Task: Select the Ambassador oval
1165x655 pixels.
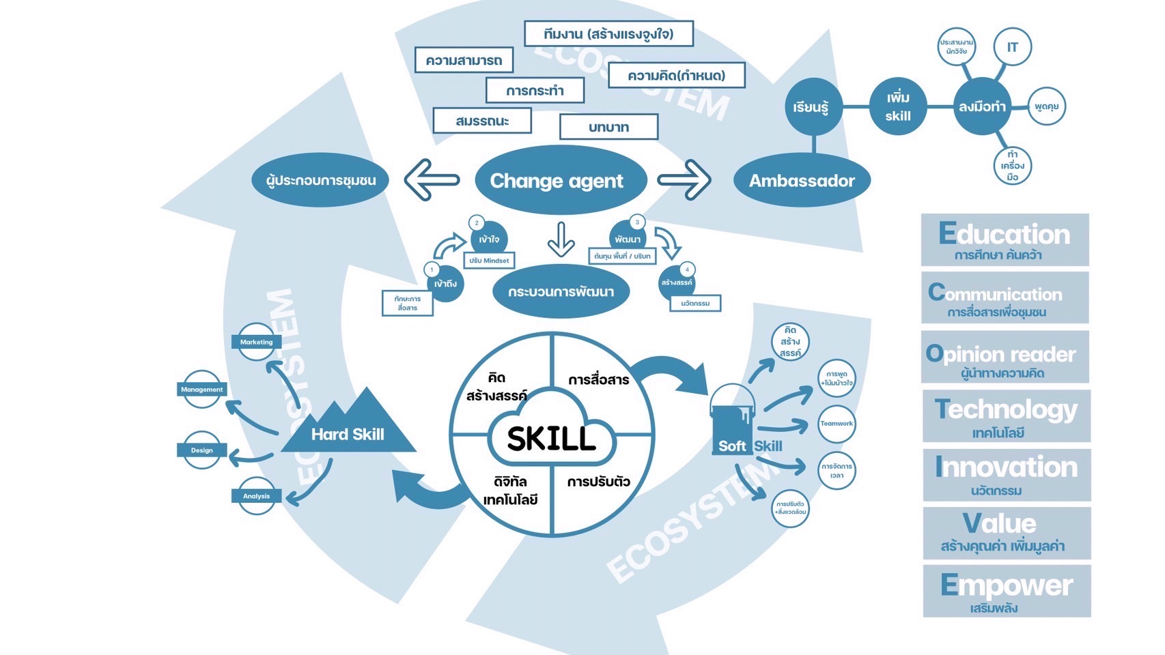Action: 802,181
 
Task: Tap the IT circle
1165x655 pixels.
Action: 1012,47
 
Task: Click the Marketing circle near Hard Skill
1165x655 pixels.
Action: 256,342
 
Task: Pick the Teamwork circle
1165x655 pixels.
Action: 837,424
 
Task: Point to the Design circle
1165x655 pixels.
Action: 202,450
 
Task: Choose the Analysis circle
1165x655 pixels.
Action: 257,496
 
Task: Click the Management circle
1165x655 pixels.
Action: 202,390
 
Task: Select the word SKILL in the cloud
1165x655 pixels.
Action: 551,439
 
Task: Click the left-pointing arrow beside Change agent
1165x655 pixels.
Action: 432,180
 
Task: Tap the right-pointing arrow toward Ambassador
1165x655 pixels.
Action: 684,180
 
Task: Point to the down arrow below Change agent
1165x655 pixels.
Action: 561,239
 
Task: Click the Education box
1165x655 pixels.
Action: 1005,239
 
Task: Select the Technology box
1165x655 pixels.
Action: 1006,416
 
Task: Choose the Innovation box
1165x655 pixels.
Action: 1006,474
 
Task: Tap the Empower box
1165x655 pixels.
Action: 1007,591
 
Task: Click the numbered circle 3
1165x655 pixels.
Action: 637,222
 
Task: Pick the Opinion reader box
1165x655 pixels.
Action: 1005,357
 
